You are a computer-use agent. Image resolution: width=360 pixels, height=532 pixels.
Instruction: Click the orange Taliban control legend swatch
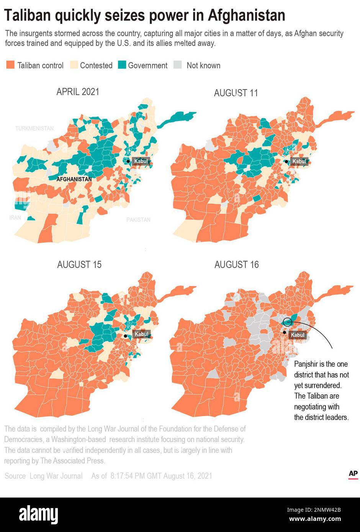(10, 65)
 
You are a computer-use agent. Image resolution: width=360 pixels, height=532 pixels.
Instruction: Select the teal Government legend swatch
(122, 65)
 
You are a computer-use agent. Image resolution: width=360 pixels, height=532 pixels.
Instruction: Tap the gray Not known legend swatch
(178, 65)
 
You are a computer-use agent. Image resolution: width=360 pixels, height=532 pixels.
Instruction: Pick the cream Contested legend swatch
(74, 65)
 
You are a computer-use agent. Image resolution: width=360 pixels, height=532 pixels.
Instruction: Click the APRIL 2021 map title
(78, 92)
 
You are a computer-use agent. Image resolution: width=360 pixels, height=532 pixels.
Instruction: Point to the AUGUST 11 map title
(236, 93)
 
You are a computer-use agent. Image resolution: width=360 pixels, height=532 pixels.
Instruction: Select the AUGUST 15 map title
(79, 264)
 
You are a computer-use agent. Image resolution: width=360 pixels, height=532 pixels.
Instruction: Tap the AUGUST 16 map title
(236, 264)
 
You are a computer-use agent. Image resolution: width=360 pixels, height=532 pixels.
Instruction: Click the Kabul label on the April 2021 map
(141, 161)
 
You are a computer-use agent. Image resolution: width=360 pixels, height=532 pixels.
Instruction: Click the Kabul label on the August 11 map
(299, 162)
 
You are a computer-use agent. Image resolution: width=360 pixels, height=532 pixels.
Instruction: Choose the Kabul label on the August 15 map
(141, 334)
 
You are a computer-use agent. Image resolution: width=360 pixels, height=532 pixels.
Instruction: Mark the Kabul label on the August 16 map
(298, 335)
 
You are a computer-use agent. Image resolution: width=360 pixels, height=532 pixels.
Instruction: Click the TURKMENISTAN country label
(34, 129)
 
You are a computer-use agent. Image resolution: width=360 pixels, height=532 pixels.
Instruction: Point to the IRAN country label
(15, 217)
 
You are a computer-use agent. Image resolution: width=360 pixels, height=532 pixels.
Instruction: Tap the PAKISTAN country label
(138, 220)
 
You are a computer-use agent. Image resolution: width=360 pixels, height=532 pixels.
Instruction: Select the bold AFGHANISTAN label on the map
(74, 179)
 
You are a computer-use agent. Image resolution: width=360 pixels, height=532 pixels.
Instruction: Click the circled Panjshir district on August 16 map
(288, 321)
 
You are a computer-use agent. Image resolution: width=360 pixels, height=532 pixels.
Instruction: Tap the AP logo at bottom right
(353, 474)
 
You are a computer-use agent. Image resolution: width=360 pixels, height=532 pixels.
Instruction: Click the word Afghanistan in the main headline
(247, 16)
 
